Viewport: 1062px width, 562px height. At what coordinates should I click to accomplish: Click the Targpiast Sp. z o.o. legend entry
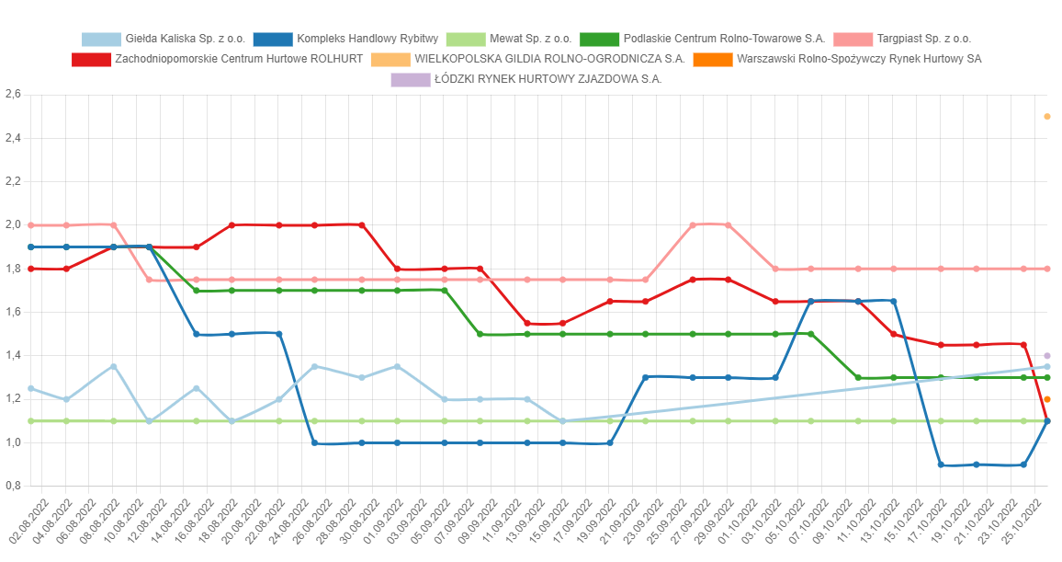[x=901, y=40]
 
